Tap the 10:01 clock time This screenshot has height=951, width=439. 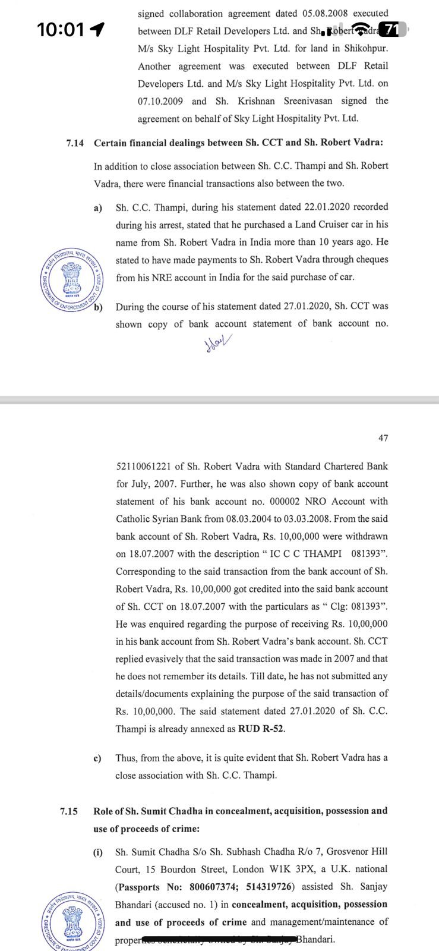click(x=61, y=29)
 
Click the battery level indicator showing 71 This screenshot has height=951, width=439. click(x=391, y=29)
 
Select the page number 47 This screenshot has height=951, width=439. click(x=383, y=438)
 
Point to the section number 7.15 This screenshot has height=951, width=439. click(x=69, y=811)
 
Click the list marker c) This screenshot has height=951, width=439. click(x=97, y=758)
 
